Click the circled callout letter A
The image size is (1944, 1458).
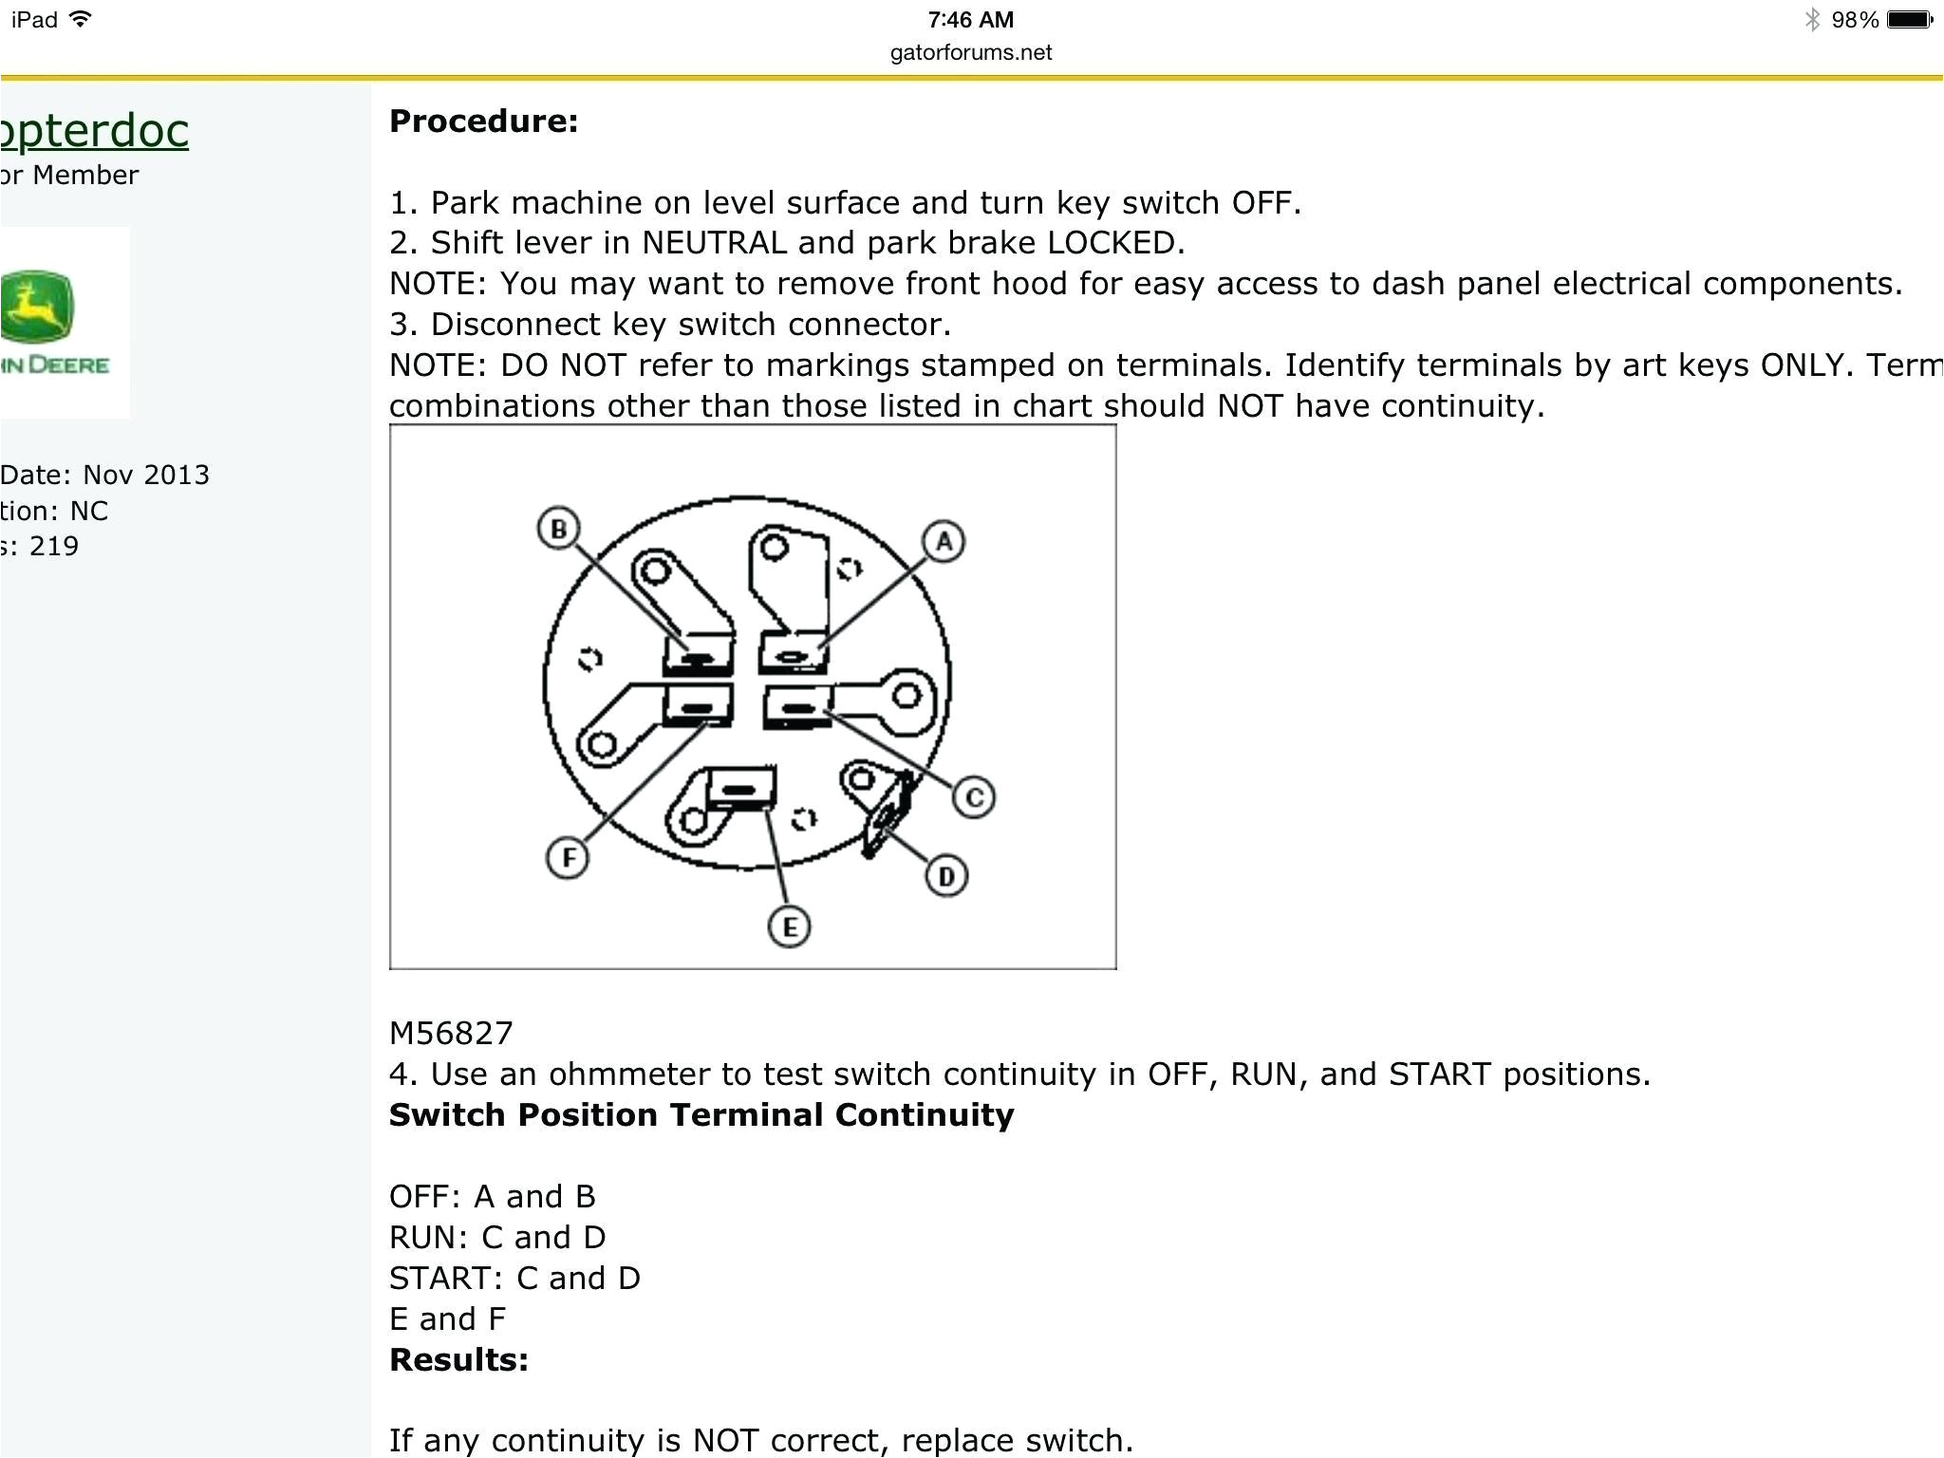(x=943, y=542)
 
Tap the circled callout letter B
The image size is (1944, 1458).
(x=558, y=529)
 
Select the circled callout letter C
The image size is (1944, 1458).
(x=974, y=797)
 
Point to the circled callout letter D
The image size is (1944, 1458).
(x=946, y=876)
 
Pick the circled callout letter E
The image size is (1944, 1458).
(x=789, y=926)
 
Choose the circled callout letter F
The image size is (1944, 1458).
(x=568, y=858)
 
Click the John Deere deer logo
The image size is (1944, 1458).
(x=36, y=306)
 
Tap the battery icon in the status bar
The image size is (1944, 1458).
(x=1910, y=20)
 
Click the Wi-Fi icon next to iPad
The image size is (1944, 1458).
(x=82, y=19)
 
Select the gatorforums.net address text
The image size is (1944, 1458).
(x=970, y=53)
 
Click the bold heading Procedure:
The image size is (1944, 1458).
(x=483, y=121)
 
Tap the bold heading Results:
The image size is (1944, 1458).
(x=458, y=1359)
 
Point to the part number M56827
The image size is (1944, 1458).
(x=451, y=1033)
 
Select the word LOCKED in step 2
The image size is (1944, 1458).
(x=1115, y=243)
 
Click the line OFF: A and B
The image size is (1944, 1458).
(x=492, y=1196)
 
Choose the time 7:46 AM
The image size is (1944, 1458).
(x=970, y=20)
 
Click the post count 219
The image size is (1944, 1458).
(x=54, y=546)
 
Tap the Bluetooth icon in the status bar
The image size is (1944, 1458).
(x=1812, y=20)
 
